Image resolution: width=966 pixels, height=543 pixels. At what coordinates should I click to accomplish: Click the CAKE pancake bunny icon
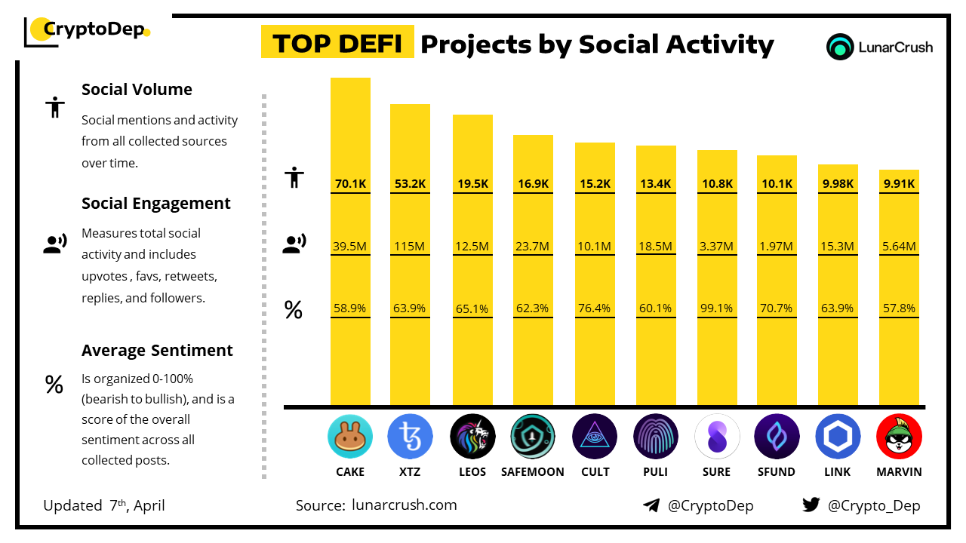tap(350, 437)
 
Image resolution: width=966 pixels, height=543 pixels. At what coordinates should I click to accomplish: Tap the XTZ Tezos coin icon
tap(410, 437)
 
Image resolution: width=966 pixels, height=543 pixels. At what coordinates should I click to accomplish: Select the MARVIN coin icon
tap(899, 437)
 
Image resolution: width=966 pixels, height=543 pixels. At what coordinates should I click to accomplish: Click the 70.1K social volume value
tap(350, 183)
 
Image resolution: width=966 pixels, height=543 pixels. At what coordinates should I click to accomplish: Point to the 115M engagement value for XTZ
tap(410, 246)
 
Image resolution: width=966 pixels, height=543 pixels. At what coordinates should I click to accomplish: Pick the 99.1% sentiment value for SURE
tap(716, 308)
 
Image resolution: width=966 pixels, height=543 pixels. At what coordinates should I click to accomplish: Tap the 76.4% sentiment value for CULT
tap(595, 308)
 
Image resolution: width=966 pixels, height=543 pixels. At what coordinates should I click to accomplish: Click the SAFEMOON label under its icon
tap(533, 472)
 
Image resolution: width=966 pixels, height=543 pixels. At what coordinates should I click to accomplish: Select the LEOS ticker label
tap(472, 472)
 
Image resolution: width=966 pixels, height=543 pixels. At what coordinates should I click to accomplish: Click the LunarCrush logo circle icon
tap(840, 47)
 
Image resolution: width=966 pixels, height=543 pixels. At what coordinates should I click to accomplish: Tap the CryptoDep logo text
tap(94, 30)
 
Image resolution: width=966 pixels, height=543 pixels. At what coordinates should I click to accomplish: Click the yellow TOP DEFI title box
tap(337, 43)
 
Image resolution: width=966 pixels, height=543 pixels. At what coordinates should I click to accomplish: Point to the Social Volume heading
tap(137, 90)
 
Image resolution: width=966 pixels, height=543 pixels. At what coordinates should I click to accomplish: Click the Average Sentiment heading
tap(157, 351)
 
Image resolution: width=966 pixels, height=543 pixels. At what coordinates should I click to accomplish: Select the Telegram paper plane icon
tap(651, 505)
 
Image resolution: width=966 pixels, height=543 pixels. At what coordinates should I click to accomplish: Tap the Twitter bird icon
tap(811, 505)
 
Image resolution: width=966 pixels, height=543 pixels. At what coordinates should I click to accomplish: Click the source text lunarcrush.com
tap(405, 505)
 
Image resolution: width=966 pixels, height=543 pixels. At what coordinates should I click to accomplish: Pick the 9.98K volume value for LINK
tap(838, 183)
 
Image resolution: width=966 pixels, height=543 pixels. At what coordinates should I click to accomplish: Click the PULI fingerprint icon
tap(656, 437)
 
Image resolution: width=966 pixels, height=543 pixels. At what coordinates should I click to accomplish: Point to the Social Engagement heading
tap(156, 204)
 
